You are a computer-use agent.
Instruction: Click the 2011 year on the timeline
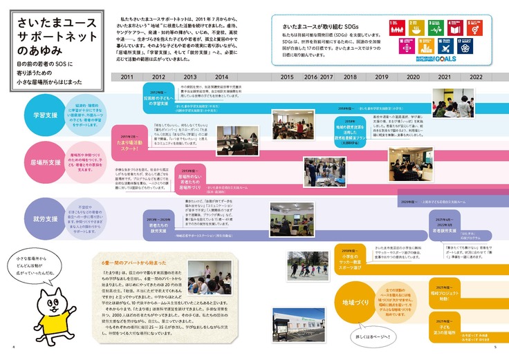pyautogui.click(x=127, y=77)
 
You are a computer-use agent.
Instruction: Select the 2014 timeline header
pyautogui.click(x=221, y=77)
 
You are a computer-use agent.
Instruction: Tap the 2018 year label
pyautogui.click(x=350, y=77)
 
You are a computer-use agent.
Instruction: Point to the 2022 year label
pyautogui.click(x=476, y=77)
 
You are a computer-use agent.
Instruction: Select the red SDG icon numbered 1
pyautogui.click(x=395, y=28)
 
